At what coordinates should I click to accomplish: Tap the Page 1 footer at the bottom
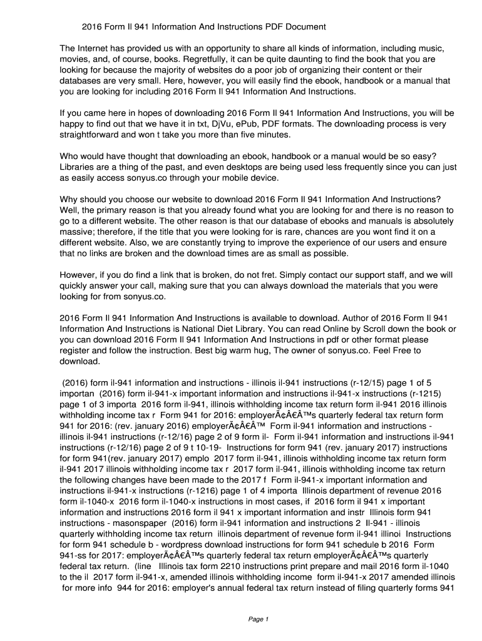258,619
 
